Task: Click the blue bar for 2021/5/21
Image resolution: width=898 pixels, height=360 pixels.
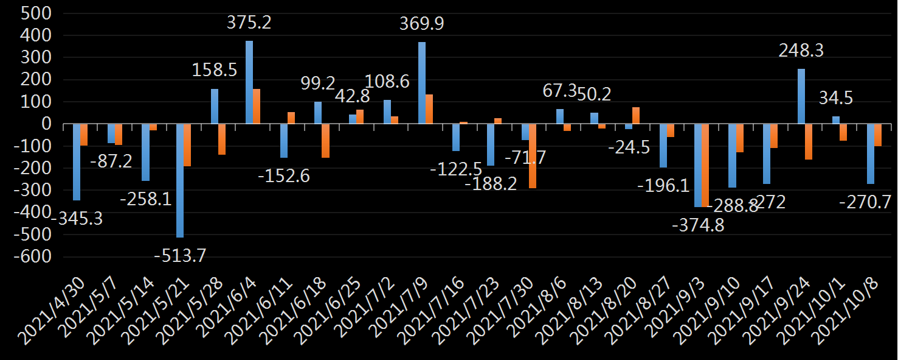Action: (180, 180)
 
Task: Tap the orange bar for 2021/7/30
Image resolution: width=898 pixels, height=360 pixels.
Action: (533, 156)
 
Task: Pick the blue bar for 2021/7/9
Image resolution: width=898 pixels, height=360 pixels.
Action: (421, 83)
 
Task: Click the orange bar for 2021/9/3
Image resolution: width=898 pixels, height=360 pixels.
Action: (705, 165)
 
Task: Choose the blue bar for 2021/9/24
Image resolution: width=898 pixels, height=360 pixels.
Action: (801, 96)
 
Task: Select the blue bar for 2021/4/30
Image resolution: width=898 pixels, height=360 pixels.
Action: (77, 162)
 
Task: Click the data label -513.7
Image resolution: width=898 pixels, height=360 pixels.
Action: (180, 256)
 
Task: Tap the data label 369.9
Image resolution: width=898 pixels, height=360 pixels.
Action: (421, 24)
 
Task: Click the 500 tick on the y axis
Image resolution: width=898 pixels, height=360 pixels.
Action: (37, 13)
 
